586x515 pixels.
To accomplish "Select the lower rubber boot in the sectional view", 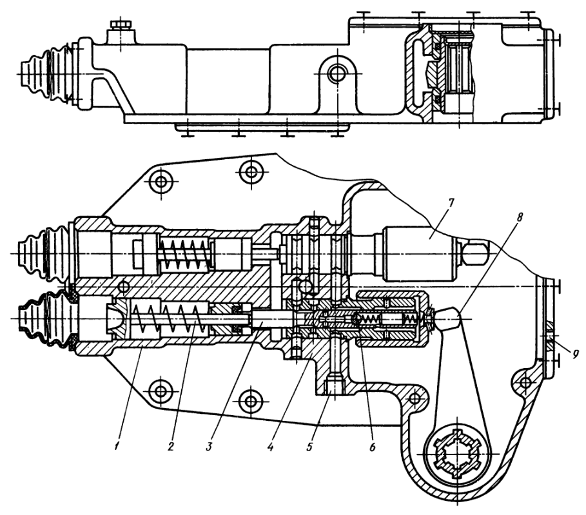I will pos(43,320).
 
